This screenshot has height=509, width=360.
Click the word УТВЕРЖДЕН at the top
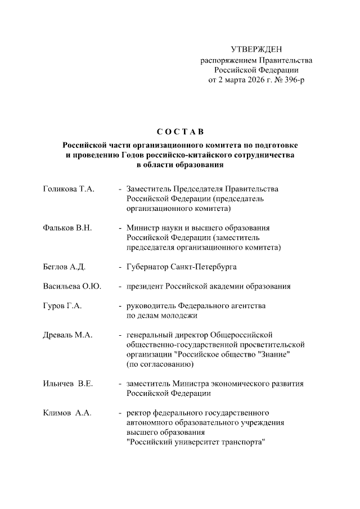point(256,51)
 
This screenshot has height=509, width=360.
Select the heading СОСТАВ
point(180,132)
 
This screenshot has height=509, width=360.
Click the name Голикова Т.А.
point(68,190)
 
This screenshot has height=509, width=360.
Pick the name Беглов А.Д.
point(64,267)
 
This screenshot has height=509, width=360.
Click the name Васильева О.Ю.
point(72,286)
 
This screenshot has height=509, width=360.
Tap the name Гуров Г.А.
point(62,306)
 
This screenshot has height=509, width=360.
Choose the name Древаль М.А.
point(67,335)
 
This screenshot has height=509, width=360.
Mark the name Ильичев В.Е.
point(67,384)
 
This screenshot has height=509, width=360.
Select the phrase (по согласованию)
point(160,364)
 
